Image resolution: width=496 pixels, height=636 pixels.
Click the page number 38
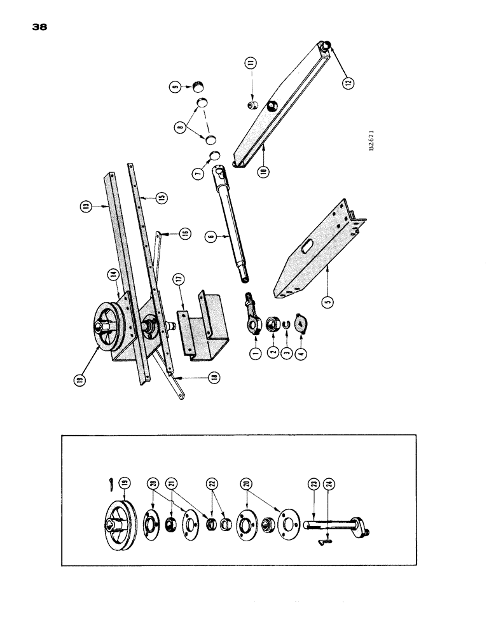tap(38, 27)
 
